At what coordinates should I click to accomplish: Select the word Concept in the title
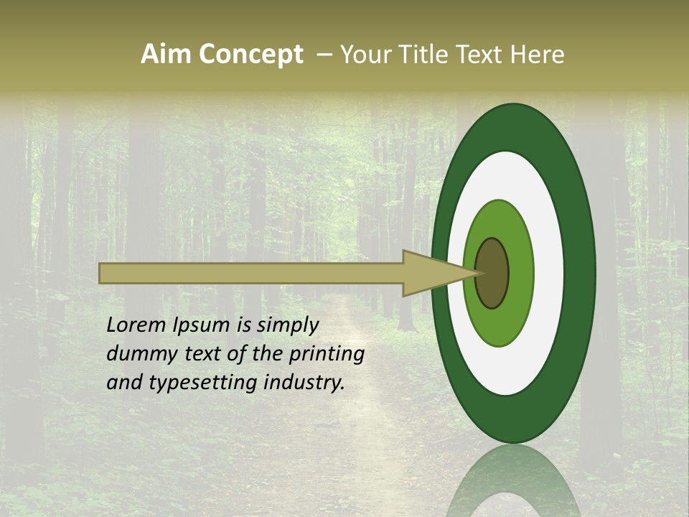tap(250, 55)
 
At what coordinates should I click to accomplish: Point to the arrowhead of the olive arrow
tap(438, 274)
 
